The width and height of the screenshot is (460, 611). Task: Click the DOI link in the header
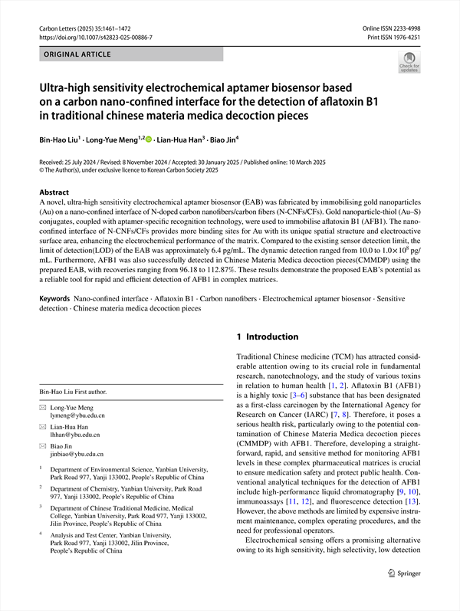[95, 37]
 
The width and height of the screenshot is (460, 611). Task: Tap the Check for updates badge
[409, 61]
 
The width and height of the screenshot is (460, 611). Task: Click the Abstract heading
[54, 192]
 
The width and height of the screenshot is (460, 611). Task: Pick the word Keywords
[55, 296]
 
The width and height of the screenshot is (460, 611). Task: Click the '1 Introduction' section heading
[267, 337]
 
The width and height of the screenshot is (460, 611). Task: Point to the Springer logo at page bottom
[405, 593]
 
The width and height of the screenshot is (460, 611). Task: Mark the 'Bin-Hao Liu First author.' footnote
[74, 392]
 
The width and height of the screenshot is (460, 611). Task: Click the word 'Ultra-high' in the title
[67, 89]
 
